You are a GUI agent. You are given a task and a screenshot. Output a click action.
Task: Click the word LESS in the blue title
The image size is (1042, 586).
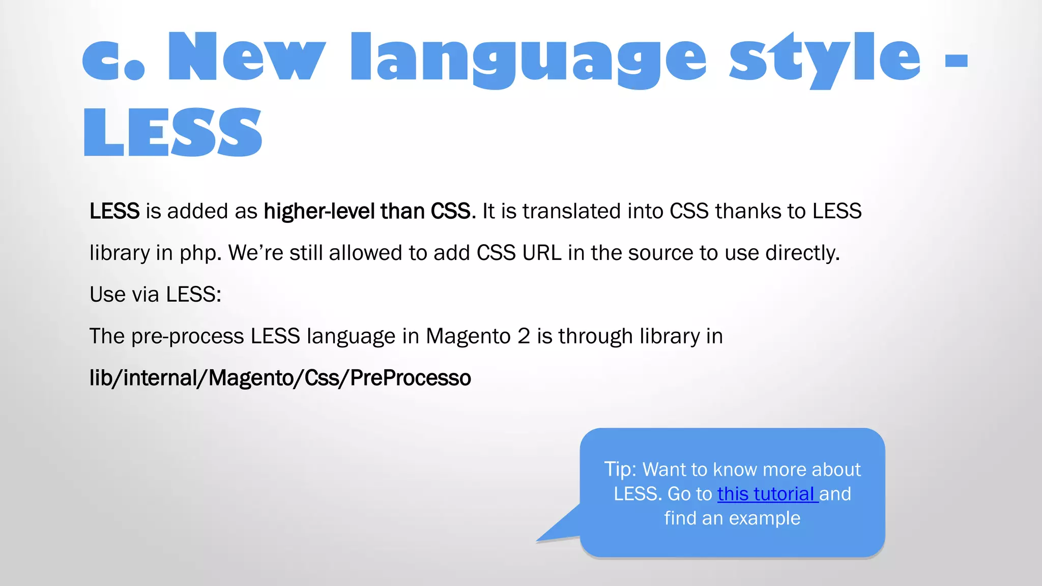172,132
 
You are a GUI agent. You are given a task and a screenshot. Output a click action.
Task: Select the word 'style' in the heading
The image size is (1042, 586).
824,58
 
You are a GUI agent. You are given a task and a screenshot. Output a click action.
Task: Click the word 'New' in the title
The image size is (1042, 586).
246,57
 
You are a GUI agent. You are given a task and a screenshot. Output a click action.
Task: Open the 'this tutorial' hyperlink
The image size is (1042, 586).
767,494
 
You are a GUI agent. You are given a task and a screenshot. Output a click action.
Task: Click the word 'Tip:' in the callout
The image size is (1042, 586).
620,469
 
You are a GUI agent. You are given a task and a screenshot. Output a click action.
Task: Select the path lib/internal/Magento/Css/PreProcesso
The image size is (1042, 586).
280,378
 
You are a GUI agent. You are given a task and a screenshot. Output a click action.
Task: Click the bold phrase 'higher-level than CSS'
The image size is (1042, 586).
366,211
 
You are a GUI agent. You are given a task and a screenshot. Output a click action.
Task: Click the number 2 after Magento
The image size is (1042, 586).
524,336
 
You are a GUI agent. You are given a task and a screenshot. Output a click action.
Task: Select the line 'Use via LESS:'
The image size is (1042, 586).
155,295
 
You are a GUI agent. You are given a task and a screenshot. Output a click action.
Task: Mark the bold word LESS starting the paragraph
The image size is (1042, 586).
114,211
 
